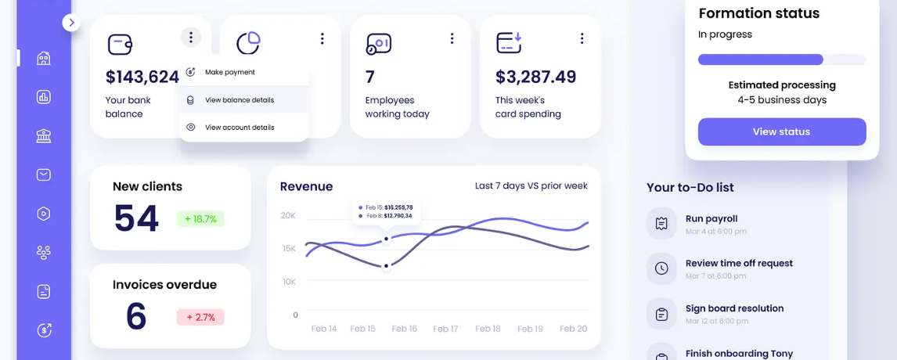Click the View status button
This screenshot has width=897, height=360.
tap(781, 131)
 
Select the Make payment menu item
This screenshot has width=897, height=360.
tap(229, 72)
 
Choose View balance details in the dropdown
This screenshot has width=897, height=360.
tap(239, 100)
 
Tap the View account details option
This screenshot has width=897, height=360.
tap(239, 128)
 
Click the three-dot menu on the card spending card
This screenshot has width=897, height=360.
tap(582, 38)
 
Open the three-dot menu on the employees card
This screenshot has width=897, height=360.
tap(452, 38)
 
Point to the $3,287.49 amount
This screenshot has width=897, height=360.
tap(536, 77)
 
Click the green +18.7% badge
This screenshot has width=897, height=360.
tap(200, 219)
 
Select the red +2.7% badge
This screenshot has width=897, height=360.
tap(200, 317)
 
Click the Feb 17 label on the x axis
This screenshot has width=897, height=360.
tap(445, 329)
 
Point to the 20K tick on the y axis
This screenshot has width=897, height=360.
tap(288, 215)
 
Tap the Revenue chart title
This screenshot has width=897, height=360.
tap(306, 186)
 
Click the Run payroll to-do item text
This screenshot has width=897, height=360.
tap(711, 219)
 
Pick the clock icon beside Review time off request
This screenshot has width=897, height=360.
tap(661, 268)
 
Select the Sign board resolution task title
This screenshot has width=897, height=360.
tap(734, 308)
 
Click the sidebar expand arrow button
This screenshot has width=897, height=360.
tap(71, 23)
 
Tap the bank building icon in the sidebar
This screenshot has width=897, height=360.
tap(44, 136)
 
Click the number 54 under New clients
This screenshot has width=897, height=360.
tap(136, 218)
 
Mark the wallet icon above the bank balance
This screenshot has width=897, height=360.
tap(120, 44)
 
